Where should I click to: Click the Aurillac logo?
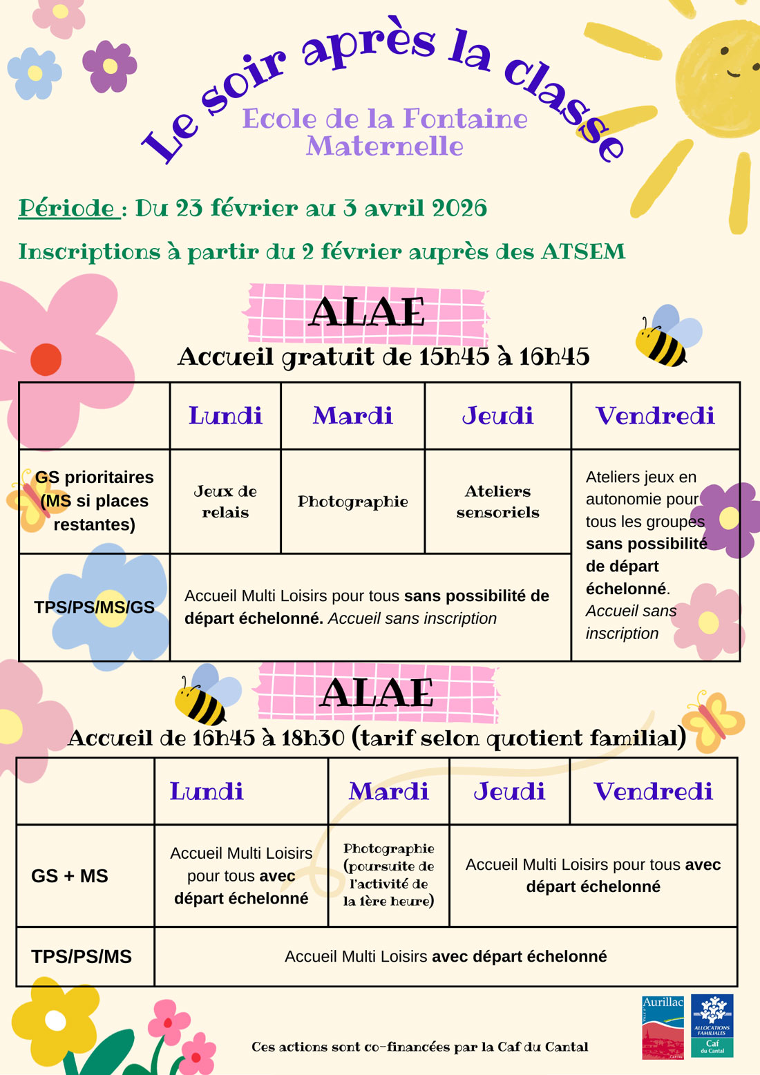click(x=663, y=1026)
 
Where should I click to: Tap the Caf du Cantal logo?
click(x=712, y=1026)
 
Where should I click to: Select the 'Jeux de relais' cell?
click(x=225, y=502)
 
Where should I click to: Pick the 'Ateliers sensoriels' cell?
click(x=497, y=502)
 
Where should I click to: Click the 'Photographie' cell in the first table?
click(x=352, y=502)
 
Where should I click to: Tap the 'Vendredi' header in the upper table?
click(x=655, y=416)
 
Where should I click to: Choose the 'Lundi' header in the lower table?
click(x=207, y=792)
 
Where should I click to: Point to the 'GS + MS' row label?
click(x=70, y=876)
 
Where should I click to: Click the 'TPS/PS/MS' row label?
click(x=82, y=957)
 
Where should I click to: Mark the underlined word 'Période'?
click(x=67, y=208)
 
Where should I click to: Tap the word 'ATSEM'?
click(x=583, y=251)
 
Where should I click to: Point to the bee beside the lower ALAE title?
click(x=205, y=696)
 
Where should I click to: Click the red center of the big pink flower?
click(x=46, y=359)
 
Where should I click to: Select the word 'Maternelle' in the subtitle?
click(x=385, y=146)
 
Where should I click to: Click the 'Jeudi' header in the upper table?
click(x=497, y=416)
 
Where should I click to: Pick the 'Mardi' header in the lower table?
click(x=388, y=792)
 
